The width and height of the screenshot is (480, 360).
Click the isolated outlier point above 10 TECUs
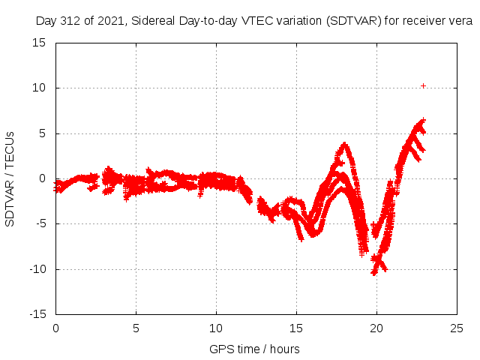423,85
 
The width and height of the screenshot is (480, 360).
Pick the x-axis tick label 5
136,328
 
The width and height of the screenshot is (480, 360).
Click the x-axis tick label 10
216,328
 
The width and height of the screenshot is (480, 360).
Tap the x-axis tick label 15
296,328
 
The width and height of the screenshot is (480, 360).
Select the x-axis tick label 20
376,328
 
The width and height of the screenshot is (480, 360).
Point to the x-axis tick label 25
457,328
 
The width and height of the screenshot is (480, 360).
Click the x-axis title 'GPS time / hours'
254,349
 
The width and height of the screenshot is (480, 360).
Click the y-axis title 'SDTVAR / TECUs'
10,178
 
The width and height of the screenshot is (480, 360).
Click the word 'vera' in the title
459,21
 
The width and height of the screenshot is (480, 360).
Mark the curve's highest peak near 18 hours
344,144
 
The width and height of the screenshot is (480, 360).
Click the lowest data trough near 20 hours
373,273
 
